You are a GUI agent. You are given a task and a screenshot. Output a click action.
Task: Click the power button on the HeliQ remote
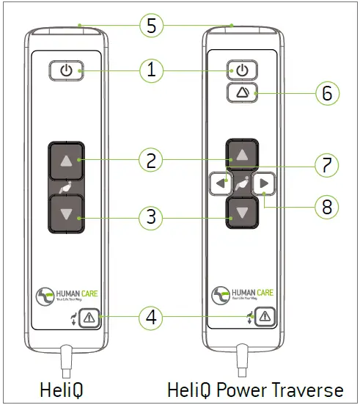(66, 71)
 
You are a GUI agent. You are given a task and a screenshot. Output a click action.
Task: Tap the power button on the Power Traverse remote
(241, 71)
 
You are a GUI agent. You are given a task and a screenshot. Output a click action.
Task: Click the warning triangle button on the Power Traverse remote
(263, 317)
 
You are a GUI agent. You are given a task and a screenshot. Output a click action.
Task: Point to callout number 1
(150, 71)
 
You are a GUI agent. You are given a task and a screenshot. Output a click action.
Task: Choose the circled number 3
(150, 218)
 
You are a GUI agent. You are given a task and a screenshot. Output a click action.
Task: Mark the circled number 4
(150, 318)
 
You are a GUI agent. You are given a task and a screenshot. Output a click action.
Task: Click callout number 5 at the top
(150, 26)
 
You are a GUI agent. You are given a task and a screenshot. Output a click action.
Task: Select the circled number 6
(327, 93)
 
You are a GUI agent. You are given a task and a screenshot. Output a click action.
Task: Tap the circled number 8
(327, 207)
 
